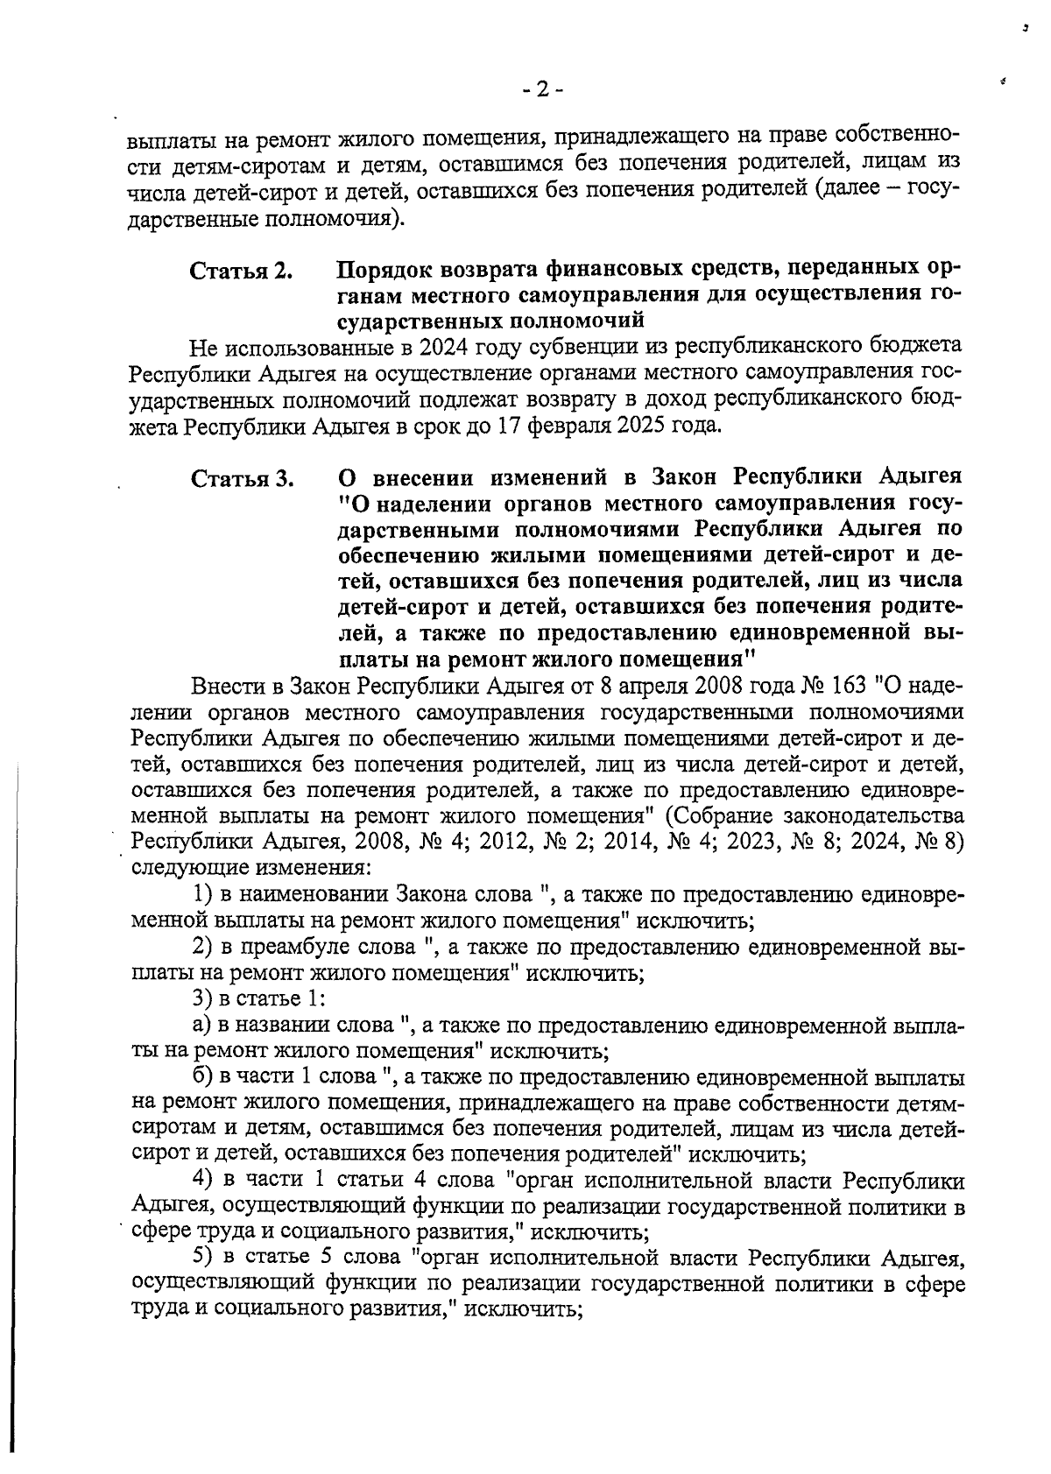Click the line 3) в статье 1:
pos(259,998)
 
